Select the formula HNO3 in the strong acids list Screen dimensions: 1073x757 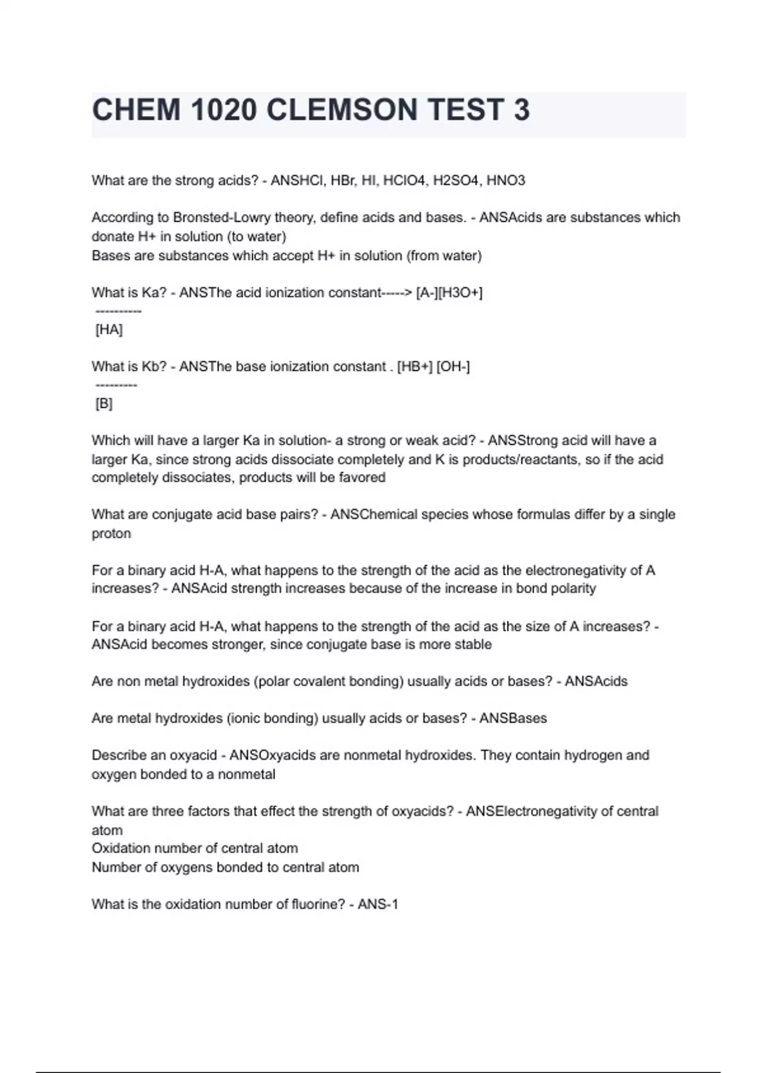click(x=505, y=181)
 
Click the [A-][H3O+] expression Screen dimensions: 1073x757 click(x=449, y=292)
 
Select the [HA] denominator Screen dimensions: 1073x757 click(x=109, y=329)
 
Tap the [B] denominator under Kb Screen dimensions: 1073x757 click(x=103, y=403)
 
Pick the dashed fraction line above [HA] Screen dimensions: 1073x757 click(x=118, y=312)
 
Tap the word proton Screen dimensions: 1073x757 click(x=111, y=533)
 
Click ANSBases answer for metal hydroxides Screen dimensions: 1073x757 click(x=513, y=718)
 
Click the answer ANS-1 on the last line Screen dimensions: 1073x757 click(x=378, y=904)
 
